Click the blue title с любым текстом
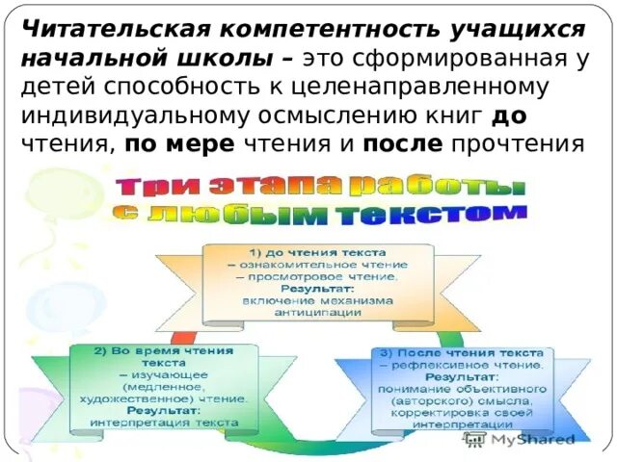(x=320, y=212)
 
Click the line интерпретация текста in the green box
(x=164, y=422)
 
